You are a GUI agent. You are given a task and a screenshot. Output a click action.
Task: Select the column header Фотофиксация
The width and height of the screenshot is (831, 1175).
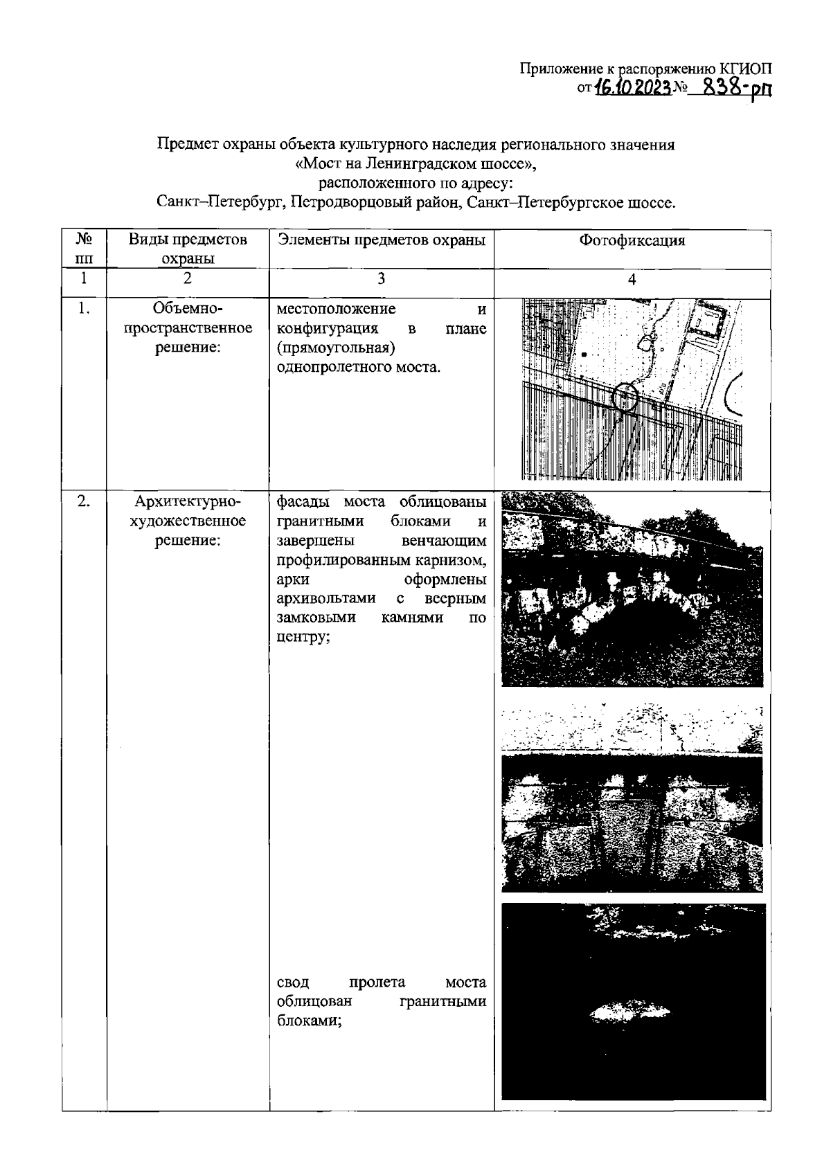pyautogui.click(x=632, y=241)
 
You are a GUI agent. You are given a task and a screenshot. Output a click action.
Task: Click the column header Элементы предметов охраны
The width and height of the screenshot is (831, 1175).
pyautogui.click(x=381, y=240)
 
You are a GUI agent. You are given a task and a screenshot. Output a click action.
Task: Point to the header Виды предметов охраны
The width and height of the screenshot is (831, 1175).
pyautogui.click(x=188, y=249)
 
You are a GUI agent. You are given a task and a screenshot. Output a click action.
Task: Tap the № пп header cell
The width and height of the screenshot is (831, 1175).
pyautogui.click(x=84, y=249)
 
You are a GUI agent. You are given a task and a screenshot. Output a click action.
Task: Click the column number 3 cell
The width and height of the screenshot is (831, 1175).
pyautogui.click(x=381, y=278)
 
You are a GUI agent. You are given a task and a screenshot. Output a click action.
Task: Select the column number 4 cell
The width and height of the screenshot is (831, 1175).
pyautogui.click(x=632, y=279)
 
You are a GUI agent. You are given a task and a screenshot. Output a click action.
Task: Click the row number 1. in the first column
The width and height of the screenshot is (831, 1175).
pyautogui.click(x=84, y=309)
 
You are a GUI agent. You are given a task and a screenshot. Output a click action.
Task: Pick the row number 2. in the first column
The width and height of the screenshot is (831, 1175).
pyautogui.click(x=84, y=502)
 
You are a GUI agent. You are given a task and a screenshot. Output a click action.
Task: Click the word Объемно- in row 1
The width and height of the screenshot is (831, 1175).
pyautogui.click(x=188, y=308)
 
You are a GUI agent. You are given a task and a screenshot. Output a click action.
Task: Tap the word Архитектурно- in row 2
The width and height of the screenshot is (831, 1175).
pyautogui.click(x=188, y=501)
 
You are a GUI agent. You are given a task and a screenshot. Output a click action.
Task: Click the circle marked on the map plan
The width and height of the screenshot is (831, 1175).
pyautogui.click(x=625, y=397)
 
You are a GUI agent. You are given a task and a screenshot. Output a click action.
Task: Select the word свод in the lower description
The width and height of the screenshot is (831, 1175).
pyautogui.click(x=293, y=983)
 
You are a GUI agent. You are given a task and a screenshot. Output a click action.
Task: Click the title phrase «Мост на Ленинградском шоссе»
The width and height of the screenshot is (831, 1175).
pyautogui.click(x=415, y=165)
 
